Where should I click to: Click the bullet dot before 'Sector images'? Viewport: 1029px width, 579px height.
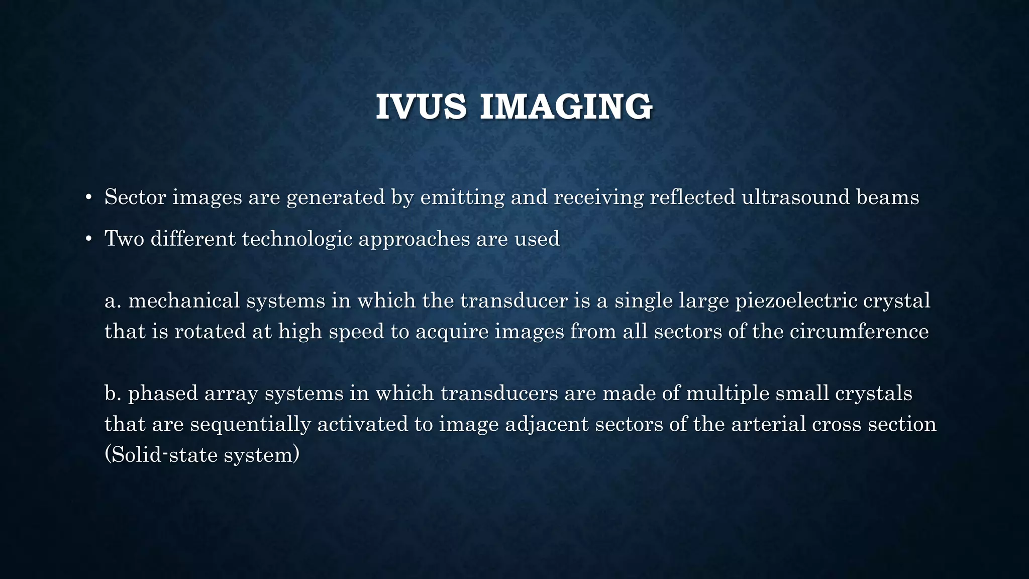coord(88,198)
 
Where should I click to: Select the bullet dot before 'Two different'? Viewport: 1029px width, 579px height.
coord(88,239)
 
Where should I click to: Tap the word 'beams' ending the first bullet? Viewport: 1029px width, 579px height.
coord(887,197)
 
